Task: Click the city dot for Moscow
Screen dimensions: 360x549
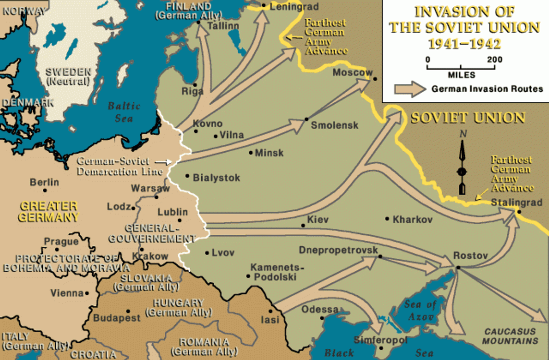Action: click(x=375, y=79)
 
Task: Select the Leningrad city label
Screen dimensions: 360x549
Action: click(x=287, y=7)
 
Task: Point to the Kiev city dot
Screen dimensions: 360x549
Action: click(x=303, y=226)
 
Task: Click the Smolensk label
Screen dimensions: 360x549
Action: click(x=335, y=125)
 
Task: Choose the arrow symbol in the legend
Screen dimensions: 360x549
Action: click(x=410, y=89)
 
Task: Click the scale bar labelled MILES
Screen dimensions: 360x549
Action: click(x=461, y=68)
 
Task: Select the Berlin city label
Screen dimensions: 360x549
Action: click(x=44, y=182)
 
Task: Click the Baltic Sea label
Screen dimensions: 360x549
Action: click(x=124, y=112)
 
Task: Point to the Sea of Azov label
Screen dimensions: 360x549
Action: click(x=420, y=310)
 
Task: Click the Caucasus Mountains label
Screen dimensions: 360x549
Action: click(x=510, y=336)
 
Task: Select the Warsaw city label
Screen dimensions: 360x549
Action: click(x=150, y=188)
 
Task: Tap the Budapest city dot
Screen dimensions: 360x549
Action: click(x=127, y=311)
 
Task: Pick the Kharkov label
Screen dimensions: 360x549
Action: click(x=413, y=219)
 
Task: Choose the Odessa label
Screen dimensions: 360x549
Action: click(x=320, y=310)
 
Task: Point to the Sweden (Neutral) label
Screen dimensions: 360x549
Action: click(x=68, y=77)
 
